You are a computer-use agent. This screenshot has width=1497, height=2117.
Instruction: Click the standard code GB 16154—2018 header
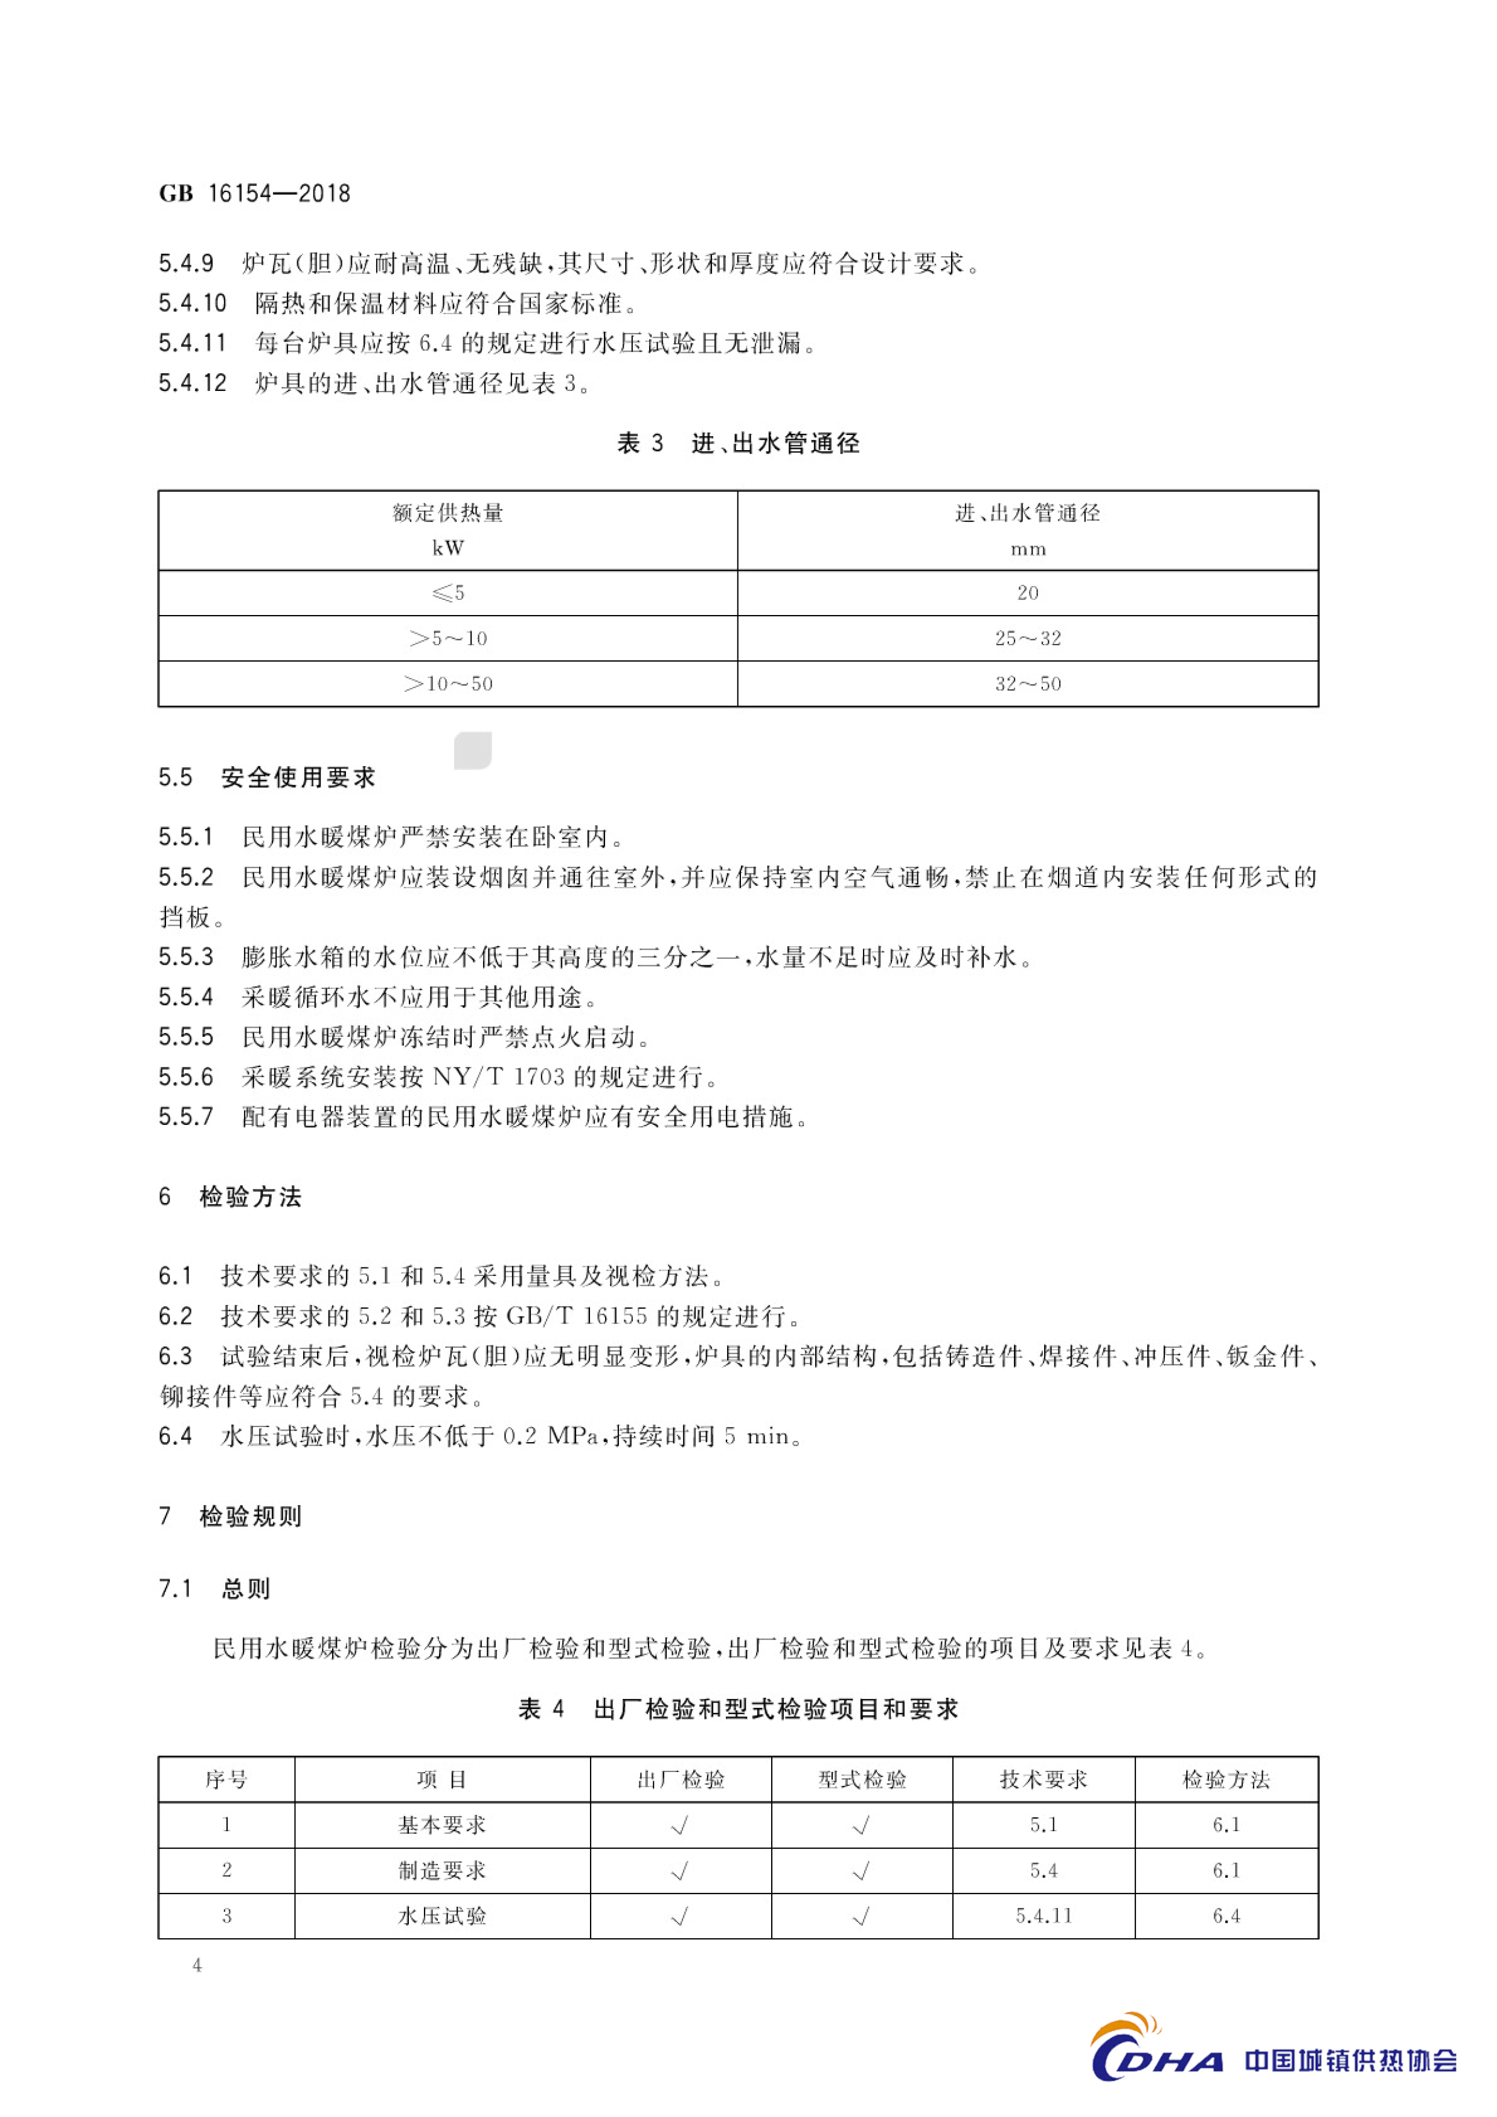click(x=254, y=193)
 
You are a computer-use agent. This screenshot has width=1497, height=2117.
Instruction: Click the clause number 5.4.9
click(x=186, y=263)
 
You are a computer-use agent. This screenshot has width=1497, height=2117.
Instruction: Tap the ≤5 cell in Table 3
click(x=448, y=593)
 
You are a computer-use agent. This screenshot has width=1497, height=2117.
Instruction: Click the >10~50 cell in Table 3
click(x=448, y=684)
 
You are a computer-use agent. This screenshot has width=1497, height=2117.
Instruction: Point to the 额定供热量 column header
click(x=448, y=513)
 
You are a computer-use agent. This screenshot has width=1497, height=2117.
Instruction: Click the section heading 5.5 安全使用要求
click(x=268, y=778)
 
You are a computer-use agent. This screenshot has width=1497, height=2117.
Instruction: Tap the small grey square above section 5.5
click(x=473, y=750)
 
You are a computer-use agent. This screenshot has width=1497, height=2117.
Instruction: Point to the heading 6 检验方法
click(x=231, y=1197)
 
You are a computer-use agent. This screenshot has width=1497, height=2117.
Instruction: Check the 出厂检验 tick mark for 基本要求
click(x=681, y=1826)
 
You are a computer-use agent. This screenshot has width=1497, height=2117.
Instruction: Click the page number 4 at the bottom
click(x=197, y=1965)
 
